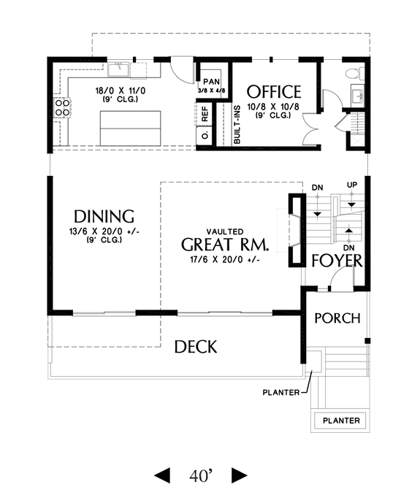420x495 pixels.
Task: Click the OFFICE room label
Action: [x=274, y=92]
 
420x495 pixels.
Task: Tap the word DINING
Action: [x=104, y=216]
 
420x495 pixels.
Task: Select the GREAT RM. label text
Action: [x=224, y=244]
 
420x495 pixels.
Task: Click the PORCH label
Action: [x=337, y=318]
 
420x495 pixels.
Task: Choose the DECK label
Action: [x=195, y=347]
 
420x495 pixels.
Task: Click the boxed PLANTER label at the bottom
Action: [x=342, y=421]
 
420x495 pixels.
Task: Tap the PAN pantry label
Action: [x=212, y=81]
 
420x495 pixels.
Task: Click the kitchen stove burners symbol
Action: [x=63, y=109]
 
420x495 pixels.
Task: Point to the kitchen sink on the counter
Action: [x=119, y=70]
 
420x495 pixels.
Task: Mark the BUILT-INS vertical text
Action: [x=237, y=124]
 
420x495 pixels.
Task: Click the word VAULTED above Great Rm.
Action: [x=224, y=229]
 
